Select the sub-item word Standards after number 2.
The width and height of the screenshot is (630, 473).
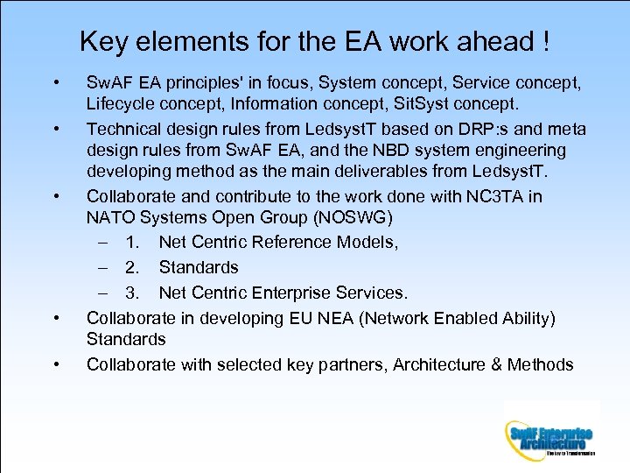pos(198,267)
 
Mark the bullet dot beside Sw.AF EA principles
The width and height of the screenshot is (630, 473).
pos(56,84)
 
